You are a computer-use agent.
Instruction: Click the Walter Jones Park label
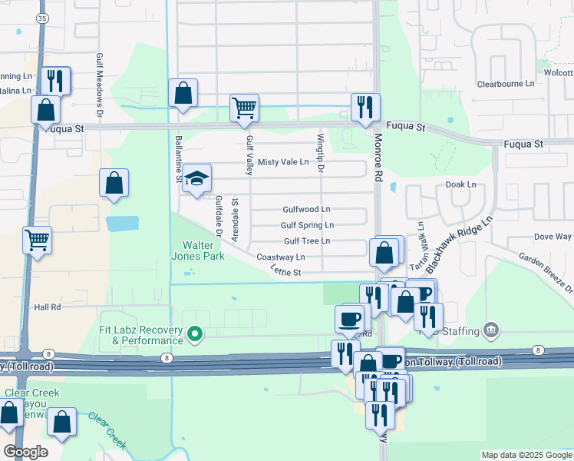coord(197,250)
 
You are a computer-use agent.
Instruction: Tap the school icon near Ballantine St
coord(197,179)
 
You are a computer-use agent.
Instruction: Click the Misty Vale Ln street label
coord(283,162)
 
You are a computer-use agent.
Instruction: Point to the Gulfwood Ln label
coord(306,209)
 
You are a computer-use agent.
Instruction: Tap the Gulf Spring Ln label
coord(307,225)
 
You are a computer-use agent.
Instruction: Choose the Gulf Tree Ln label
coord(307,241)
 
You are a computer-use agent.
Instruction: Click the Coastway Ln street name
coord(281,257)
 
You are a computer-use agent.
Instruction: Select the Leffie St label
coord(285,271)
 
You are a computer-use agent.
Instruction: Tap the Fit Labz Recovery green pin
coord(195,333)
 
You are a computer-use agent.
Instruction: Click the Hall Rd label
coord(48,307)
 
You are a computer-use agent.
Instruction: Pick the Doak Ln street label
coord(460,185)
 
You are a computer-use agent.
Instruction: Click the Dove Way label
coord(553,237)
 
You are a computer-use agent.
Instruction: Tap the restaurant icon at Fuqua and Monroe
coord(365,107)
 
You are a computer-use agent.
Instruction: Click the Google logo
coord(25,452)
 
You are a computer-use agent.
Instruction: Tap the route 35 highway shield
coord(41,17)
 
